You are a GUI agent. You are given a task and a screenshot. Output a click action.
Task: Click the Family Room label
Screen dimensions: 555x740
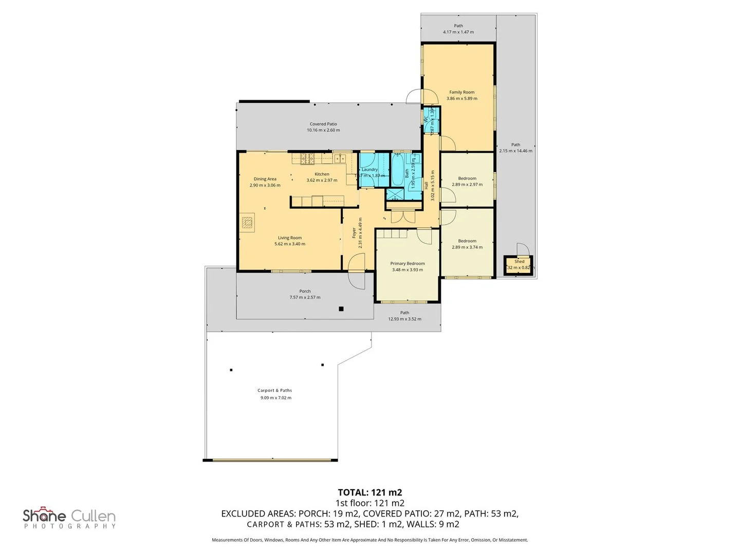coord(461,92)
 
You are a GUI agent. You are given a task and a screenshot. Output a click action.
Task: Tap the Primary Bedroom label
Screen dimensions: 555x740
coord(408,264)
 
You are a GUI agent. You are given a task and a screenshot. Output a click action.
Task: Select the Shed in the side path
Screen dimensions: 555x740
coord(519,265)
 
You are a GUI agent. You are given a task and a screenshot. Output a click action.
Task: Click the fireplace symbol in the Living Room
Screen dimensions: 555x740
coord(247,223)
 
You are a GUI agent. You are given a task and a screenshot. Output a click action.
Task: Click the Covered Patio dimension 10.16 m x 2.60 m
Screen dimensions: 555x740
coord(323,131)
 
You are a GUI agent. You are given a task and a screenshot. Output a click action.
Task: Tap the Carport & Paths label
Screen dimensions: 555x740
coord(275,391)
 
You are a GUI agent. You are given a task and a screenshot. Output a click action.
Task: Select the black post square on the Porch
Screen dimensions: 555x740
coord(341,309)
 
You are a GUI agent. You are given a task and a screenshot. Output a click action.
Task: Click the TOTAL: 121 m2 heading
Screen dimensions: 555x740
coord(369,492)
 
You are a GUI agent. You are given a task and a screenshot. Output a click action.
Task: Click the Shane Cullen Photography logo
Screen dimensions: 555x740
coord(69,517)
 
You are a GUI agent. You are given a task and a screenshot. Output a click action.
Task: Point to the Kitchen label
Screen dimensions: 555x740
coord(322,174)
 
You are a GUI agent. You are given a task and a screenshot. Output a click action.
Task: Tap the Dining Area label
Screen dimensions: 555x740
coord(265,179)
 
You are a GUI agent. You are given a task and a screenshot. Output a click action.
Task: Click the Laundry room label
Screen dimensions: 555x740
coord(369,170)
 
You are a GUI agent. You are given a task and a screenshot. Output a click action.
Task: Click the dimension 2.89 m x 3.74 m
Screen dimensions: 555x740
coord(467,247)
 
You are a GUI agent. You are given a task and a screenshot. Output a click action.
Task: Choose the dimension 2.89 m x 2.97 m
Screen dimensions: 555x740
coord(467,184)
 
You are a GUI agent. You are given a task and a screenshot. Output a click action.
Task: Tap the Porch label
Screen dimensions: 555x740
coord(305,291)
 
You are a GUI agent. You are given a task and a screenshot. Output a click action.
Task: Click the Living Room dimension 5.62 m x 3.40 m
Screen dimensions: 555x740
coord(290,244)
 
